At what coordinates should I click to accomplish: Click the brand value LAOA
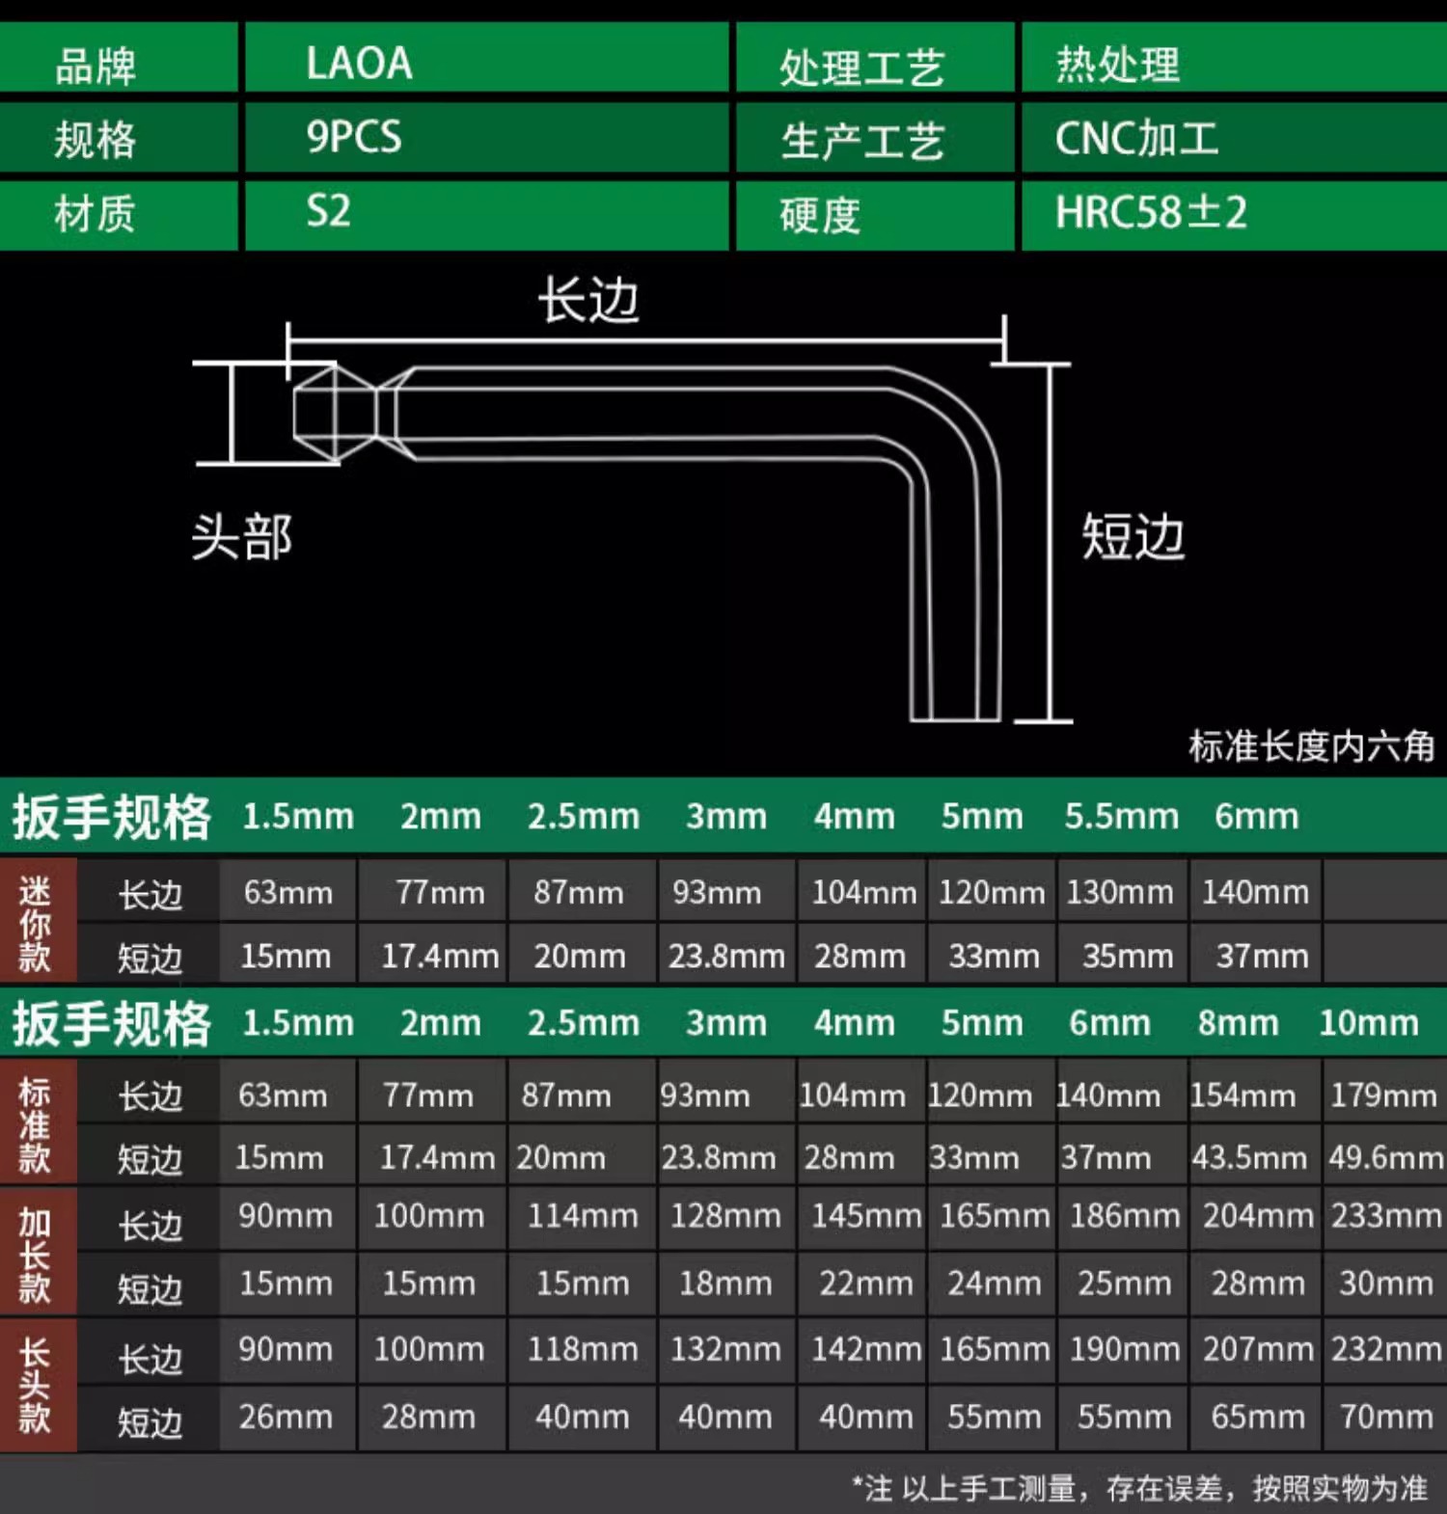tap(359, 64)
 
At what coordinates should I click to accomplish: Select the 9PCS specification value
tap(354, 137)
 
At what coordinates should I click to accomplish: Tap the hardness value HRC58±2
tap(1150, 212)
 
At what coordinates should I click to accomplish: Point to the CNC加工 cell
tap(1136, 139)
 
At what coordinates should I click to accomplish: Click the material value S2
tap(328, 211)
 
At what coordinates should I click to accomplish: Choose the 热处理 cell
tap(1117, 65)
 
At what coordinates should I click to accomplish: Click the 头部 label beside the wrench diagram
tap(241, 537)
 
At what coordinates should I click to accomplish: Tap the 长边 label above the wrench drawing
tap(588, 300)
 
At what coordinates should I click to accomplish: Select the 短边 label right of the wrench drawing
tap(1133, 537)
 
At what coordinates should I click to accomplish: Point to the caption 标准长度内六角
tap(1311, 745)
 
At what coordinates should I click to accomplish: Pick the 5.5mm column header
tap(1121, 817)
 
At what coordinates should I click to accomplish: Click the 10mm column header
tap(1368, 1022)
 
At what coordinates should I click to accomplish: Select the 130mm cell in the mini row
tap(1119, 892)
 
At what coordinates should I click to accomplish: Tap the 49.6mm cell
tap(1385, 1157)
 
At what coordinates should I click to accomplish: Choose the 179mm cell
tap(1383, 1095)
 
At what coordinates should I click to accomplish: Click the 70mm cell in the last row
tap(1385, 1417)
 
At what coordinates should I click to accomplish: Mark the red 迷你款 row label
tap(36, 924)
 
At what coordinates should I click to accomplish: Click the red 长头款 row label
tap(36, 1385)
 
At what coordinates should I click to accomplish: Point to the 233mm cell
tap(1385, 1216)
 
